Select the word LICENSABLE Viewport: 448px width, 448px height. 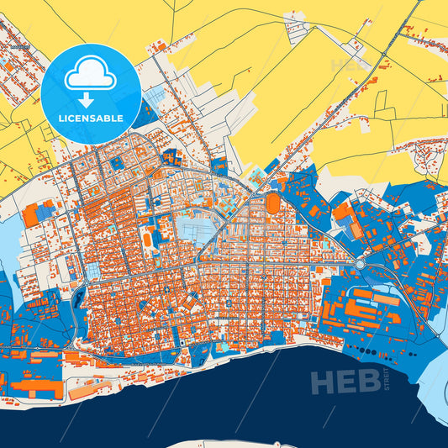click(x=91, y=119)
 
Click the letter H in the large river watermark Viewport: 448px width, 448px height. click(x=324, y=382)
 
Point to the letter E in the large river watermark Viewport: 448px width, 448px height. click(x=347, y=382)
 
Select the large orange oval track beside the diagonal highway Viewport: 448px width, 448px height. click(x=272, y=203)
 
